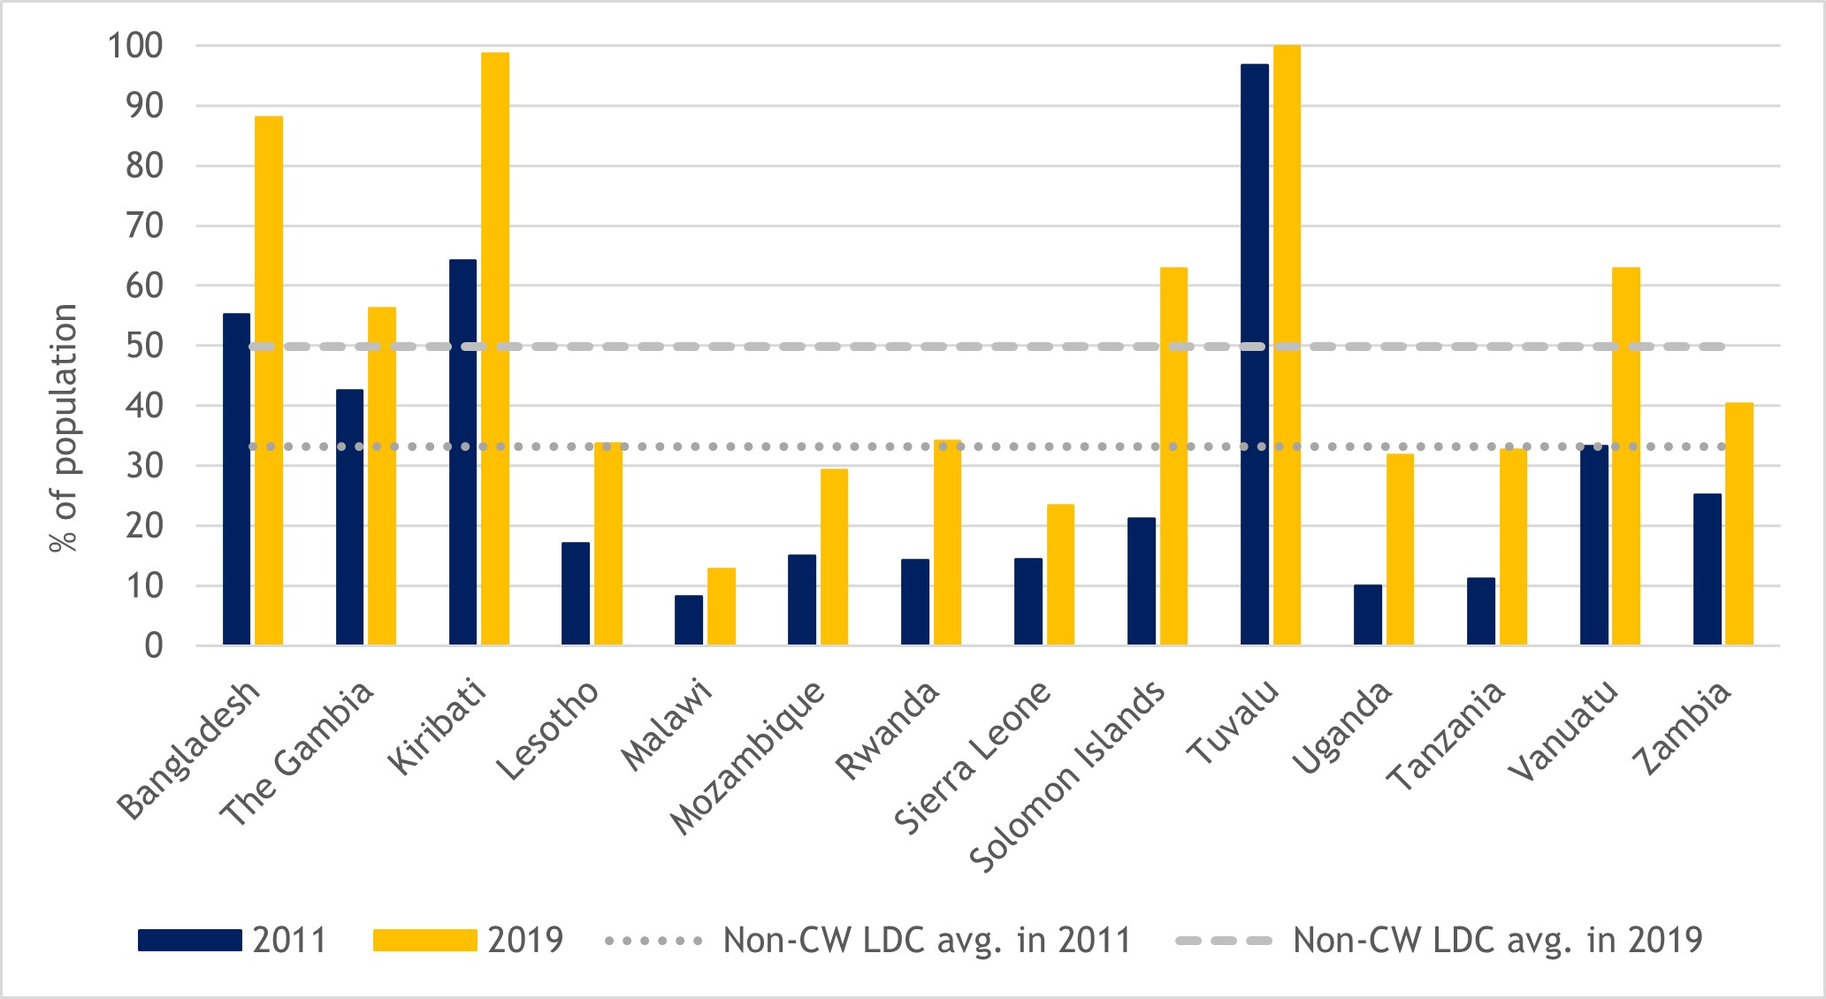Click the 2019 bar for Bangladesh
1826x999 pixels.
coord(269,380)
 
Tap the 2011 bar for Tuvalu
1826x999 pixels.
coord(1254,354)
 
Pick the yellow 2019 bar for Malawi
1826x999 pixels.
coord(721,606)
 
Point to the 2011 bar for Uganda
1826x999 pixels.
coord(1367,615)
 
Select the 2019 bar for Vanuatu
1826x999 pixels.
coord(1625,456)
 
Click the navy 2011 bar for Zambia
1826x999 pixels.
coord(1707,569)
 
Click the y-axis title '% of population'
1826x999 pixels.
coord(64,429)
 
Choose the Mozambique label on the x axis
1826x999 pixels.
coord(747,759)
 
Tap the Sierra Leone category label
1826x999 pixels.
coord(973,759)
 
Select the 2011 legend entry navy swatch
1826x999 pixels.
coord(189,940)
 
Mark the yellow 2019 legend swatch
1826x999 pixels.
coord(424,940)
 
